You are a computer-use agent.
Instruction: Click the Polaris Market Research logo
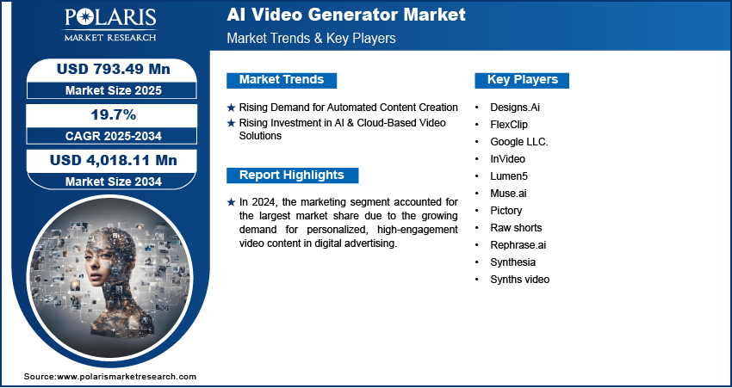point(110,25)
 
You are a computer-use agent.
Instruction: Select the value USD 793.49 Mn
point(114,69)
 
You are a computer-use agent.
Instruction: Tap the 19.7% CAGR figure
point(113,114)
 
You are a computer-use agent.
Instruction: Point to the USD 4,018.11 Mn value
point(114,160)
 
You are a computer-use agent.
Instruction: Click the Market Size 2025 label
point(114,90)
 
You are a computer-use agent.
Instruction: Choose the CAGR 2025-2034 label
point(114,136)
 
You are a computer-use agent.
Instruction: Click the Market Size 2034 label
point(114,182)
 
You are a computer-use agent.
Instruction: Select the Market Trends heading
point(282,80)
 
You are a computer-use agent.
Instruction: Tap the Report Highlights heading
point(292,176)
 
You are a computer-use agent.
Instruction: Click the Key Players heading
point(523,80)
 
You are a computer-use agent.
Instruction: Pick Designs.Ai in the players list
point(515,108)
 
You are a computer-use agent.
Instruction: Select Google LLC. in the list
point(519,142)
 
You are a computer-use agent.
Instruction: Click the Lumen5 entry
point(509,176)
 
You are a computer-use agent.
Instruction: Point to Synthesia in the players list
point(512,262)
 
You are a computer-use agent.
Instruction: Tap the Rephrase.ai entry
point(518,245)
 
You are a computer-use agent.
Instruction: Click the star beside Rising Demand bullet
point(231,108)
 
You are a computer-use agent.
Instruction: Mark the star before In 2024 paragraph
point(231,202)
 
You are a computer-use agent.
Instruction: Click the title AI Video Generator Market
point(346,15)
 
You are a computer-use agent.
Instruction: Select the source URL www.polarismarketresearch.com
point(127,377)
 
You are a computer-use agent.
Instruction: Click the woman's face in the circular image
point(100,264)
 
